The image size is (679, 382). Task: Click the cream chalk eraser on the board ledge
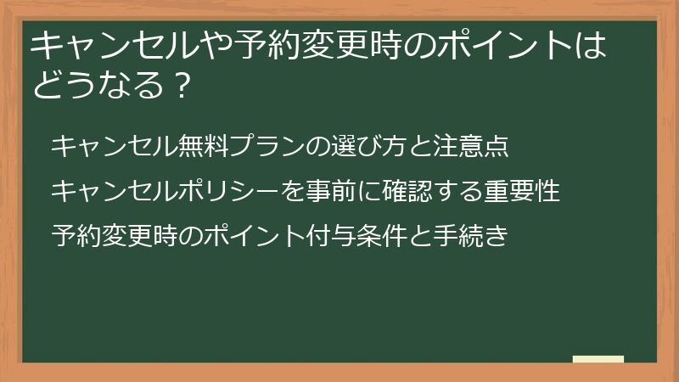coord(598,360)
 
